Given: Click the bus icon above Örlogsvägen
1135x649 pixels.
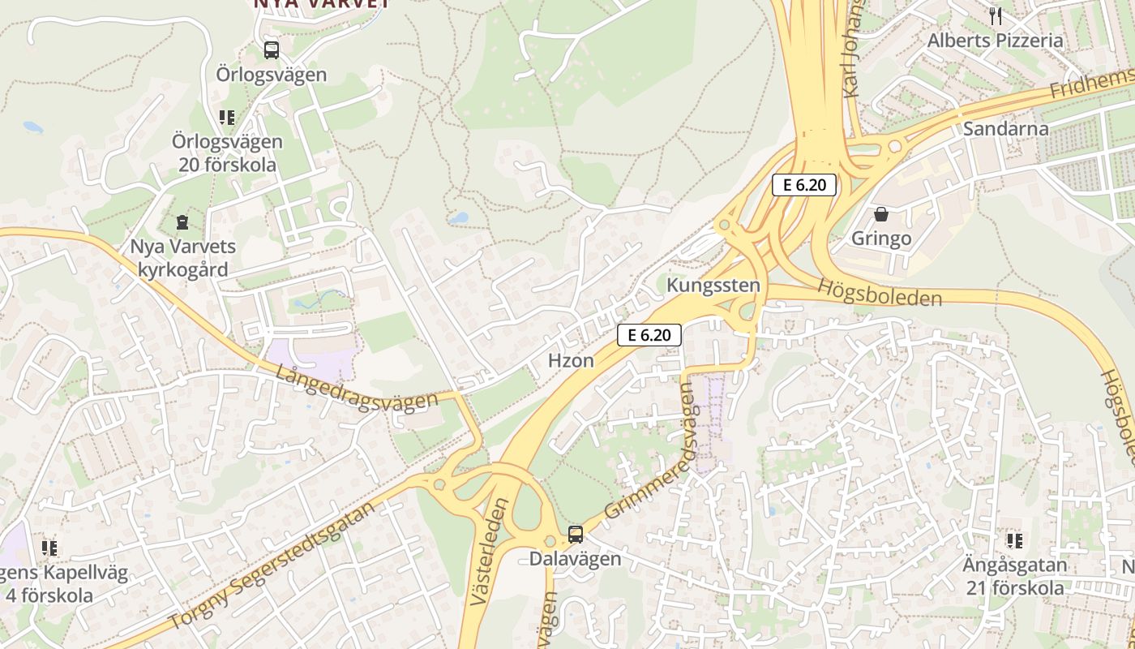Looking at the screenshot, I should [x=272, y=50].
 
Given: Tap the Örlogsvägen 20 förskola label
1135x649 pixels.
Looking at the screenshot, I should [x=227, y=153].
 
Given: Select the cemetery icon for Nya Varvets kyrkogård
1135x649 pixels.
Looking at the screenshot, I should [x=182, y=221].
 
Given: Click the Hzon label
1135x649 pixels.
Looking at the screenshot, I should [x=572, y=361].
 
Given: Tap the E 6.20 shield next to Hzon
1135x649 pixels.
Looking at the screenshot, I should [x=649, y=334].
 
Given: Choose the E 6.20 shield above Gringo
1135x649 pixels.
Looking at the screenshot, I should [x=803, y=185].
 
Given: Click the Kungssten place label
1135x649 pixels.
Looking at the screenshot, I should [x=713, y=286].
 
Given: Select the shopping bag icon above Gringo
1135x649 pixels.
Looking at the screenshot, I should [x=881, y=215].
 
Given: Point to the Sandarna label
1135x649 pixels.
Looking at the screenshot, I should [x=1005, y=129].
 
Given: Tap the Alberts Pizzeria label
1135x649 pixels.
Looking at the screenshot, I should [x=995, y=41].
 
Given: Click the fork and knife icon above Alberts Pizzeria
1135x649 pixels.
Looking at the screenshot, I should [x=996, y=15].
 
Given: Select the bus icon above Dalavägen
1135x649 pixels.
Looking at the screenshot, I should [x=576, y=534].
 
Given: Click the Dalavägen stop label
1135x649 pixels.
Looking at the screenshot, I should [x=575, y=559].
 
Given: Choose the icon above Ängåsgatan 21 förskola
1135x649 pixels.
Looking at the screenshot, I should [x=1014, y=540].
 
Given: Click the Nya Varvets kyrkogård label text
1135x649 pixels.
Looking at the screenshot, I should [x=182, y=258].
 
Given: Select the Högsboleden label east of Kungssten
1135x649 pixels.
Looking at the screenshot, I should [x=880, y=293].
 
